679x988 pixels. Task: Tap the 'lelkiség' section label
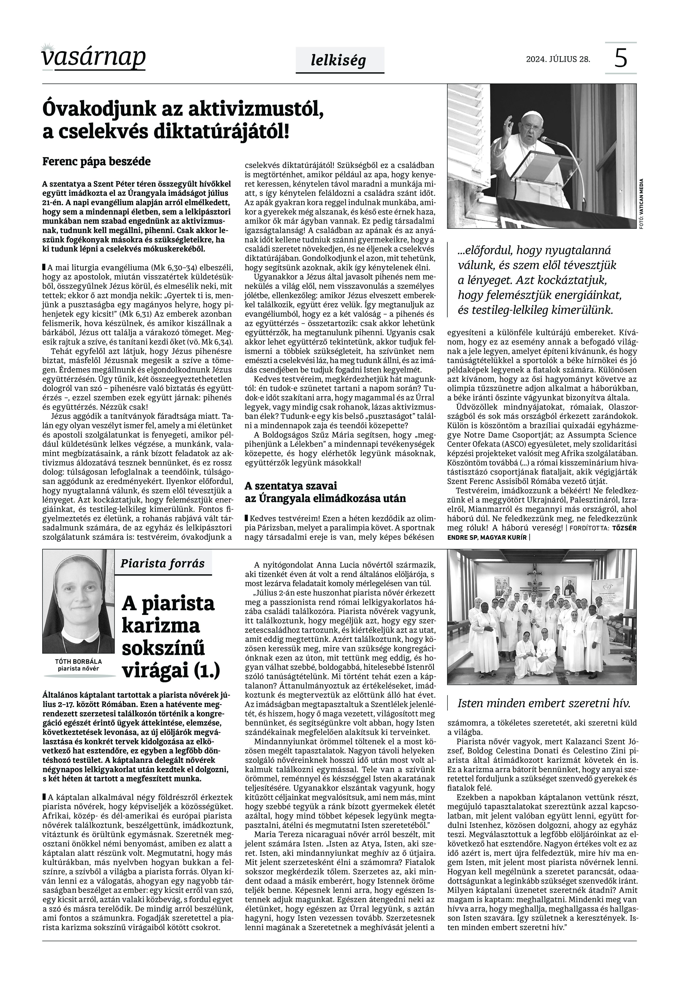coord(338,61)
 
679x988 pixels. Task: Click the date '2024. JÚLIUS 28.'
coord(558,59)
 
